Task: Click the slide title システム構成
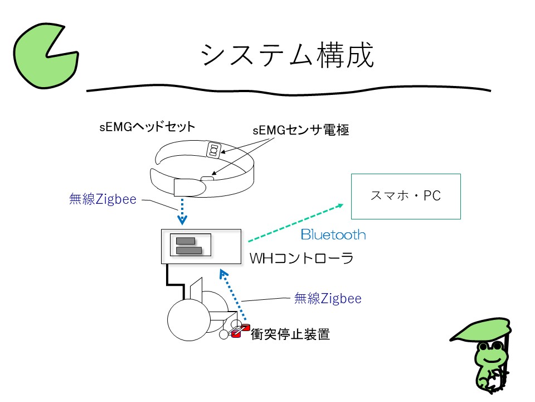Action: [x=287, y=56]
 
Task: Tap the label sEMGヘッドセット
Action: [x=147, y=127]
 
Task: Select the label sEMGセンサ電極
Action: [x=300, y=131]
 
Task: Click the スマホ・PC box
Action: [x=405, y=196]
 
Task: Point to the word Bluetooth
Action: [x=333, y=234]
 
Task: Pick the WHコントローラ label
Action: [x=301, y=259]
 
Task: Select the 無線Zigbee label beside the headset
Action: [x=103, y=199]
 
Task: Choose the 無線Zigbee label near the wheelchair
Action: [x=328, y=299]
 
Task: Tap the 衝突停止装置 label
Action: [x=290, y=334]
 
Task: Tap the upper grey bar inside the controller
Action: [x=186, y=241]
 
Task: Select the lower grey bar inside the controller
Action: [x=188, y=251]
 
